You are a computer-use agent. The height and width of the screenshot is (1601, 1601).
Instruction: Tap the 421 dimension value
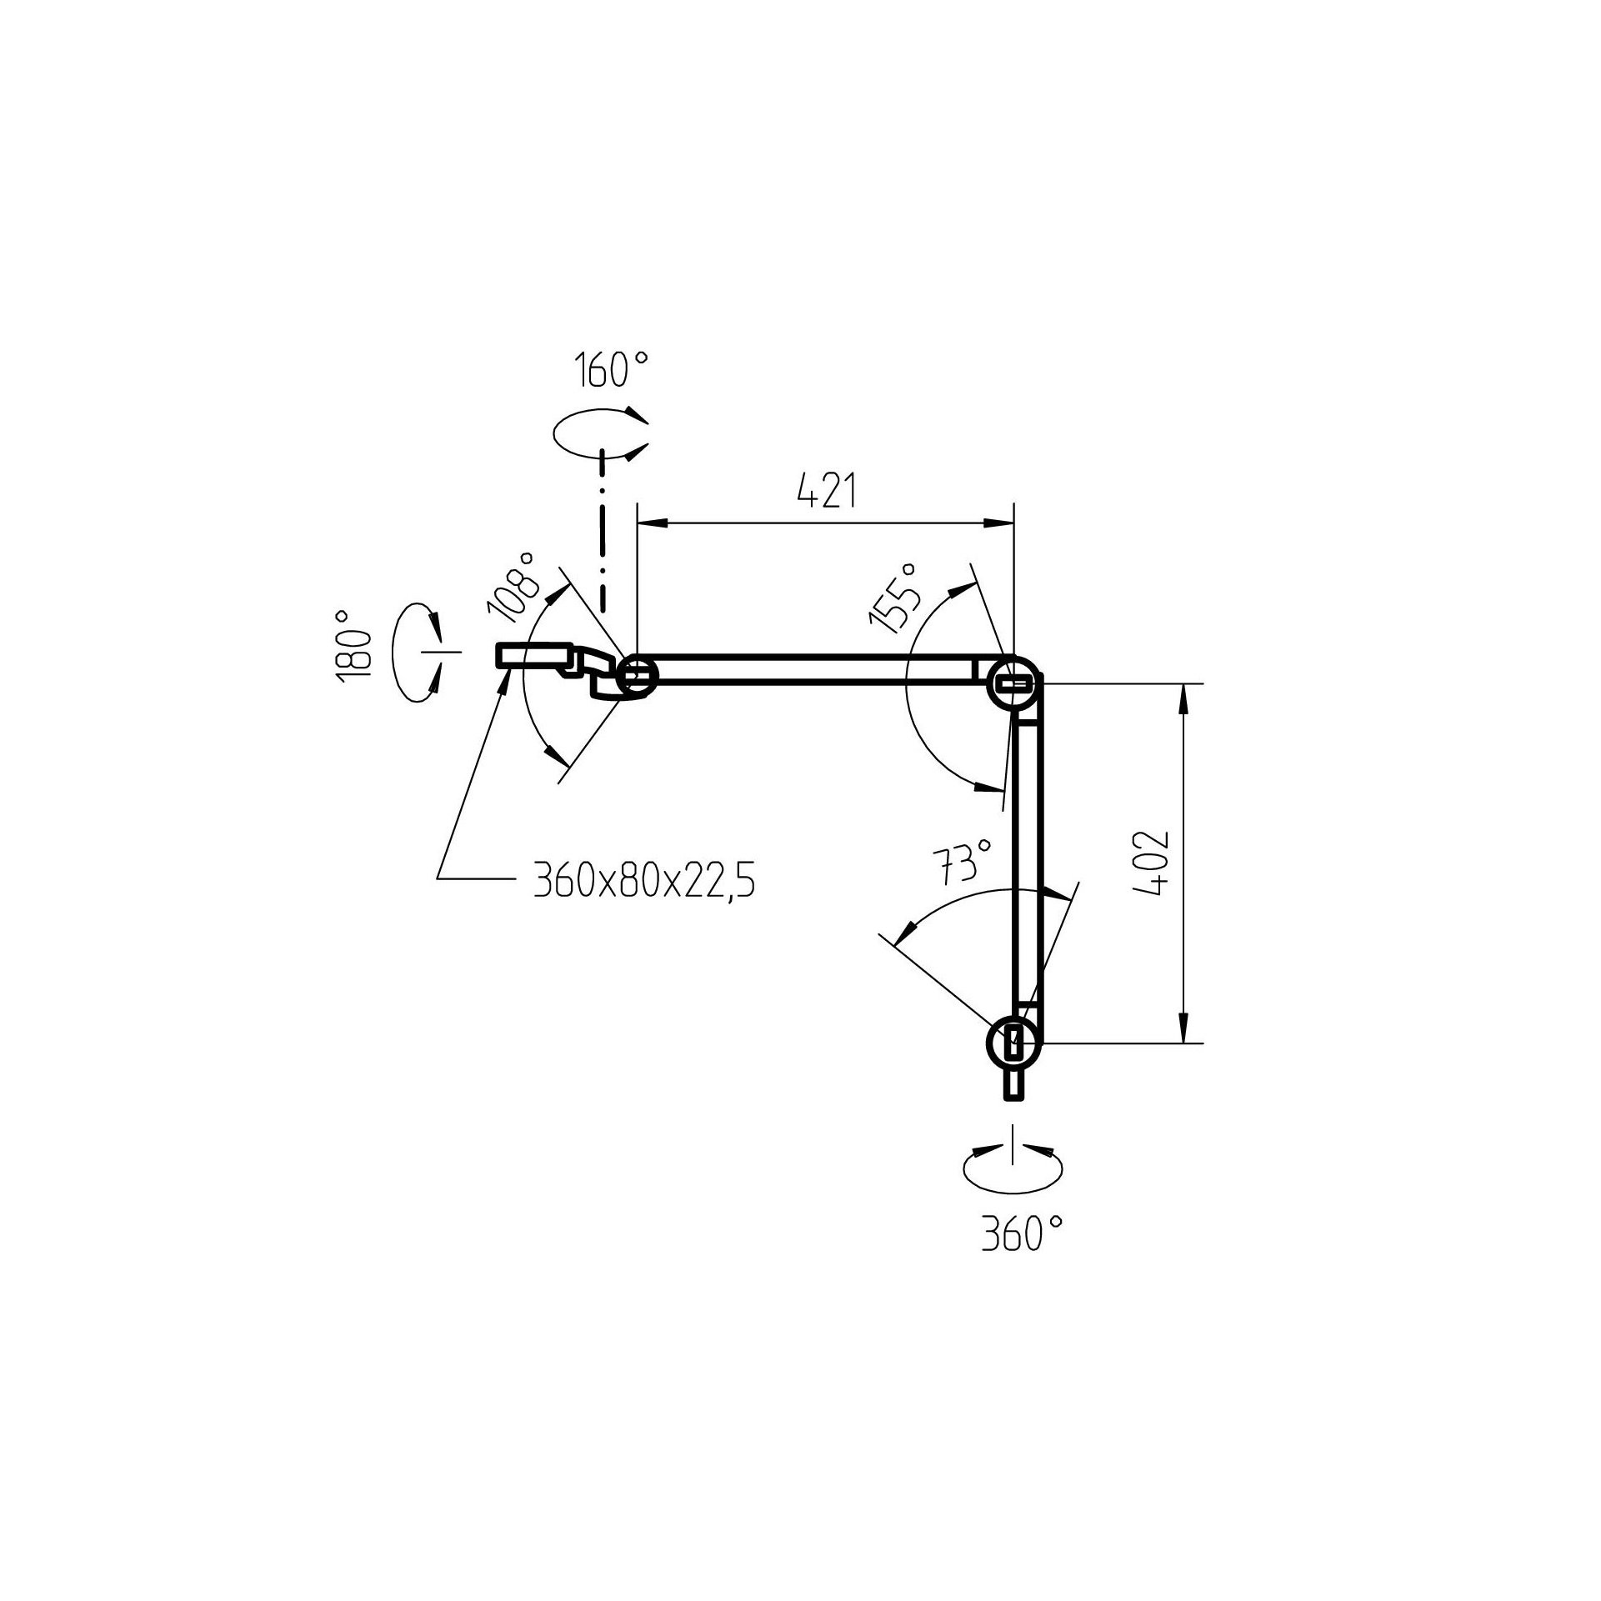coord(827,492)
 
